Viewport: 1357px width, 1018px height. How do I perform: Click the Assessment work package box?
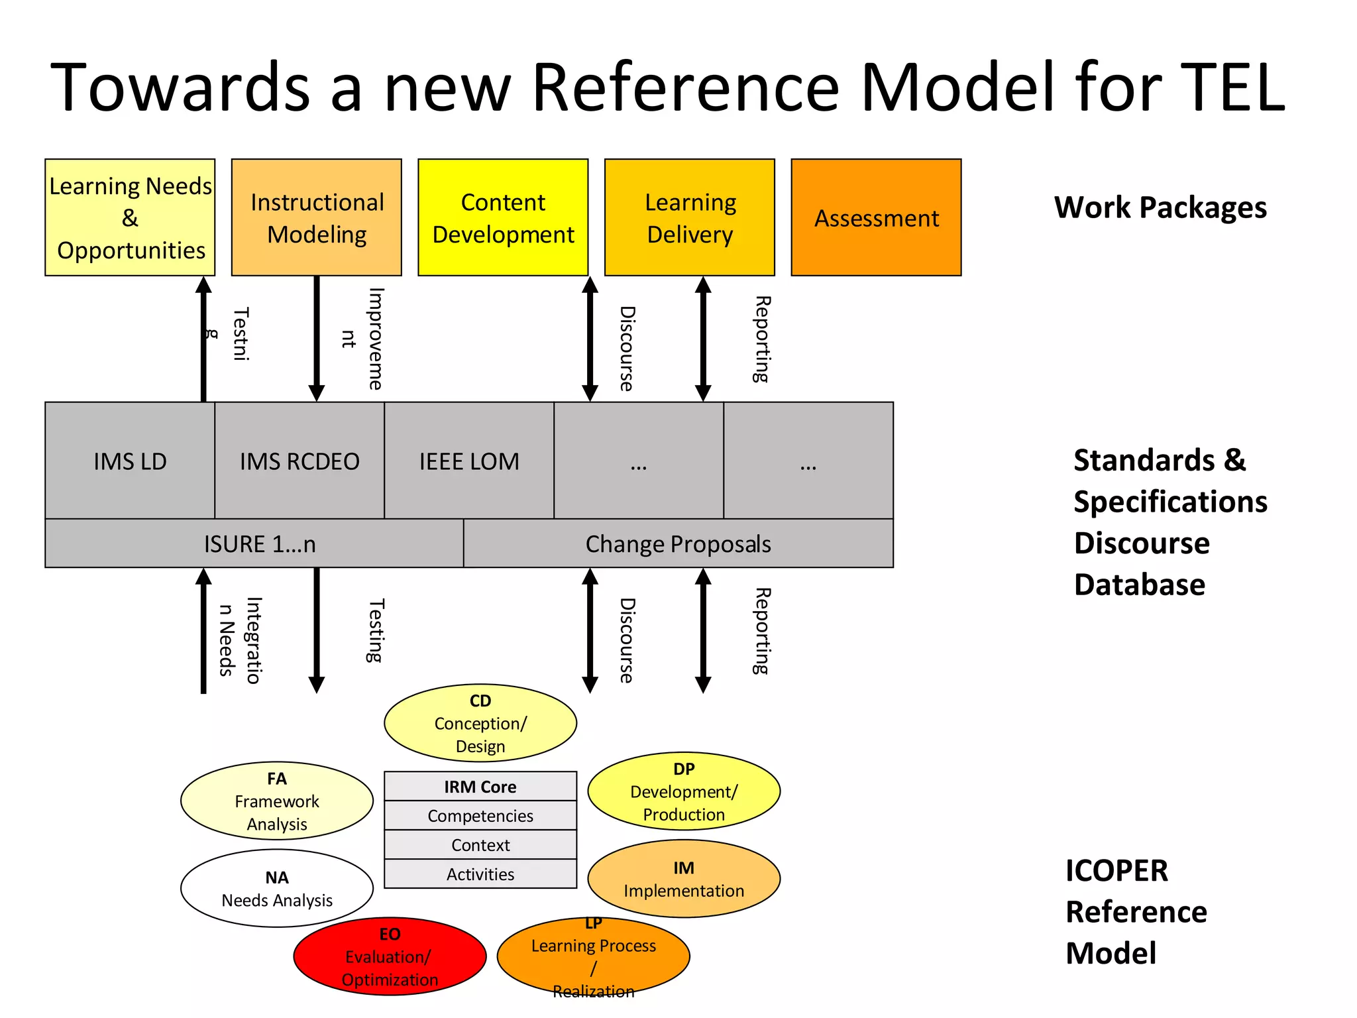876,217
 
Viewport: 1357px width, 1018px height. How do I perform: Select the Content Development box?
503,217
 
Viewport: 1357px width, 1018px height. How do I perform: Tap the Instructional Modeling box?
317,217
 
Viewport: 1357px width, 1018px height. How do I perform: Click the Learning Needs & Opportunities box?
130,217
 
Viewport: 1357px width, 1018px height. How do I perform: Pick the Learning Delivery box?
689,217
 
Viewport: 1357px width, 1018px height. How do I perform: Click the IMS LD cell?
130,461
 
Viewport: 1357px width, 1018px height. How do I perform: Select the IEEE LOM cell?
469,461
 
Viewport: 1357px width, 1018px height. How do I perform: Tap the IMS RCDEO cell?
299,461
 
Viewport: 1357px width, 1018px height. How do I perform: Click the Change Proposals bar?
678,543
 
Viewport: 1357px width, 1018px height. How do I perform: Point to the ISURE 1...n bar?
259,543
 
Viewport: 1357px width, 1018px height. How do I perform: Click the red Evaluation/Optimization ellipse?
390,956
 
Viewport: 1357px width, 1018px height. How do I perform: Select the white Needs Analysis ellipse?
277,888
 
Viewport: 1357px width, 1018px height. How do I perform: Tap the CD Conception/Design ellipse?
480,723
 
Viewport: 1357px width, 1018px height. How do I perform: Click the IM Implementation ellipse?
684,879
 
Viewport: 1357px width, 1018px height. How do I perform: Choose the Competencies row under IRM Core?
480,816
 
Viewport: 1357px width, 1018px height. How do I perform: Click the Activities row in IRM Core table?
480,874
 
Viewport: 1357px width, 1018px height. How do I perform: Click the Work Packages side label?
1160,207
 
